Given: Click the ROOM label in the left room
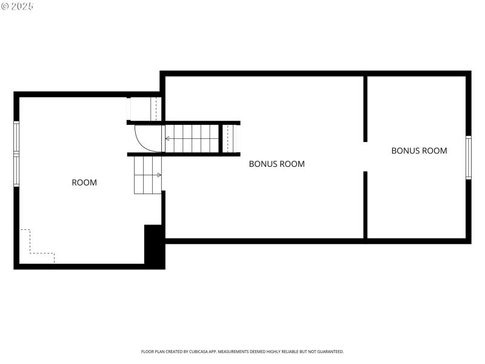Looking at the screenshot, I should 84,182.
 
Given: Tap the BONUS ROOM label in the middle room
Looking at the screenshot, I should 276,164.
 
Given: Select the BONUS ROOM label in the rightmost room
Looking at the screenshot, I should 419,150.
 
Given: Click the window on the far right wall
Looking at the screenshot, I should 468,158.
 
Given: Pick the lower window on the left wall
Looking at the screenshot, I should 16,169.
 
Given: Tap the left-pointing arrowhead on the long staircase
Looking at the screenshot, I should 168,139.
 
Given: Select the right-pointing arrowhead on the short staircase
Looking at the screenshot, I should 159,175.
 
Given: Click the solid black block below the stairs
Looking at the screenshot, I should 153,245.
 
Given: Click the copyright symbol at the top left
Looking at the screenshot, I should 5,5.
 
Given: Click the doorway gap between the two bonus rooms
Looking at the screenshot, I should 366,157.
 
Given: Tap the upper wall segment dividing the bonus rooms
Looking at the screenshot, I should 366,108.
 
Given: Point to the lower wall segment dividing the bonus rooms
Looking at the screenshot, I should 366,205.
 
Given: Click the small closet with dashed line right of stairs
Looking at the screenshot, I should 228,138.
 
